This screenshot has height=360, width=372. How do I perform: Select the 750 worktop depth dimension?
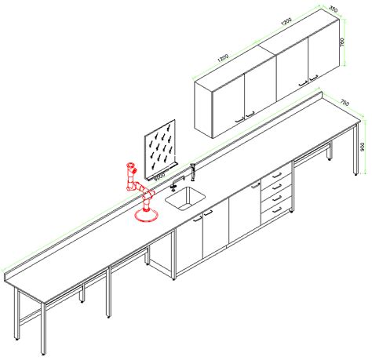pyautogui.click(x=344, y=101)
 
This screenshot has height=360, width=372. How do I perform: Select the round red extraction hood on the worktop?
pyautogui.click(x=146, y=214)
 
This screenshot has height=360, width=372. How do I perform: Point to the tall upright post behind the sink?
pyautogui.click(x=193, y=170)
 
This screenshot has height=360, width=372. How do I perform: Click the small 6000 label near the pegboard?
pyautogui.click(x=160, y=178)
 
